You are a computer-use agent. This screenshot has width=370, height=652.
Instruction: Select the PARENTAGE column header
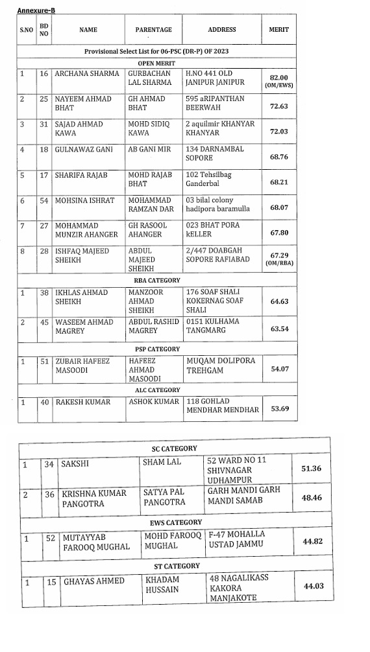pyautogui.click(x=154, y=30)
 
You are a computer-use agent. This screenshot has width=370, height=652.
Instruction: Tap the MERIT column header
pyautogui.click(x=278, y=30)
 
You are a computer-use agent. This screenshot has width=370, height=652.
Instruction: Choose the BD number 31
pyautogui.click(x=44, y=124)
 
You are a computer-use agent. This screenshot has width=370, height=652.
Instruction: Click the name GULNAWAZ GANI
pyautogui.click(x=84, y=149)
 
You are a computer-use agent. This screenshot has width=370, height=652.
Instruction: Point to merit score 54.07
pyautogui.click(x=278, y=368)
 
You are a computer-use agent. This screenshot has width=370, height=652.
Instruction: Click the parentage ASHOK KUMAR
pyautogui.click(x=154, y=402)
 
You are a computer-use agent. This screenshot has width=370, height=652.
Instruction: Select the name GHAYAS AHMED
pyautogui.click(x=93, y=581)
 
